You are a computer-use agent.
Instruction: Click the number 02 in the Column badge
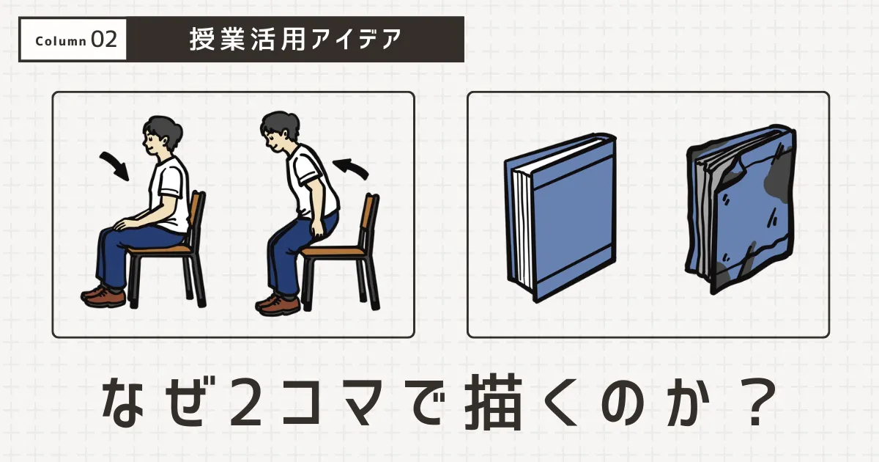coord(104,40)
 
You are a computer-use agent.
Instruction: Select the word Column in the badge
coord(61,41)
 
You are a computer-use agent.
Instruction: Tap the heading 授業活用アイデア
coord(296,39)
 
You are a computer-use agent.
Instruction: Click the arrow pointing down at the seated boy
coord(114,166)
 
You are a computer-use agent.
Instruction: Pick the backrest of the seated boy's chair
coord(196,213)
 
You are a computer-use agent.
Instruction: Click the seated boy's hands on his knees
coord(132,221)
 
